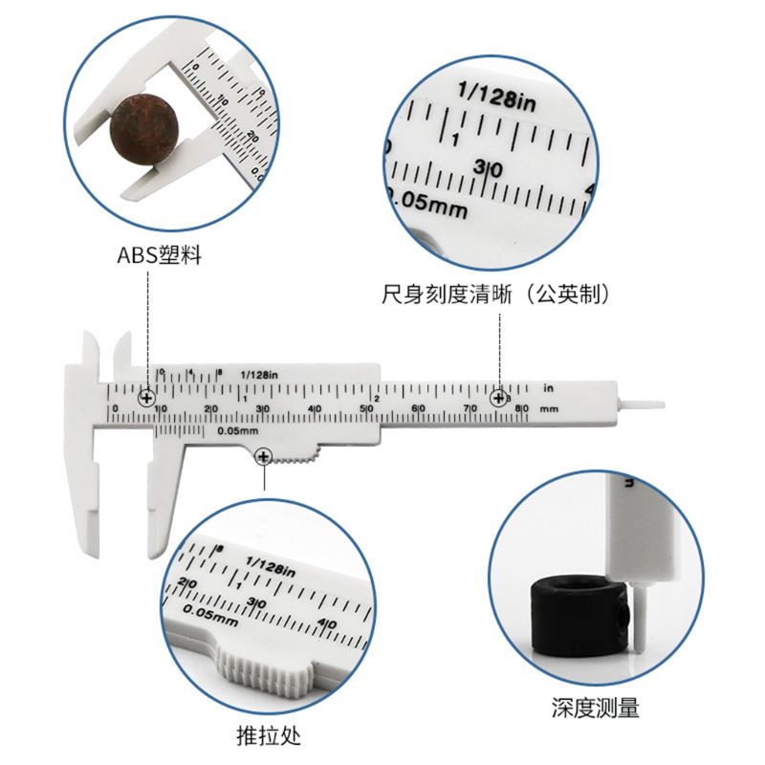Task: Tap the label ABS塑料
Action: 159,256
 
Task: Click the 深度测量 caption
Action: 595,709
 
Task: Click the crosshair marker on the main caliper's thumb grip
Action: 263,458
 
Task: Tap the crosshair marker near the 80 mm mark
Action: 498,398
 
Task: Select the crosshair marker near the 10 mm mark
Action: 147,398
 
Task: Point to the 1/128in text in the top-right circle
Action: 497,97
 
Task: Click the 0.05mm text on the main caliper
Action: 238,430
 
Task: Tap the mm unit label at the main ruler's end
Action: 549,408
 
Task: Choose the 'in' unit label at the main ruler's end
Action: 549,388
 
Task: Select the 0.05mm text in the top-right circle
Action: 426,204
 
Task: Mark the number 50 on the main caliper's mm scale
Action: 365,408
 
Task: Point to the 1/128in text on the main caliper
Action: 258,373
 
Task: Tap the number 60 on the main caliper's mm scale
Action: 417,408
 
